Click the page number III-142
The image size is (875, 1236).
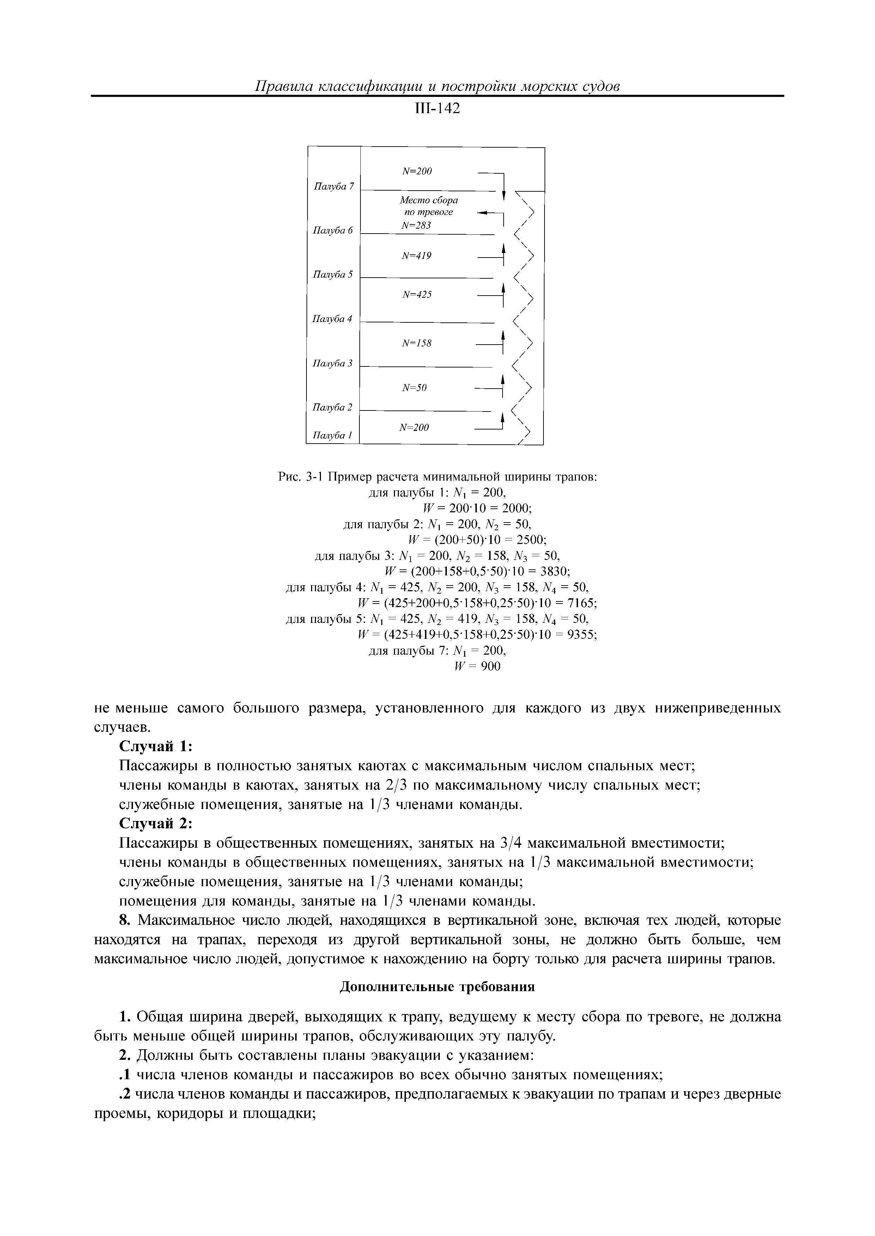[x=437, y=109]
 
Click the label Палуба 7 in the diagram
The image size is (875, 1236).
[x=334, y=186]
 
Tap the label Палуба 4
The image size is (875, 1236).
[x=333, y=319]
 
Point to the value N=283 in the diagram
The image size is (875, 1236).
[x=417, y=225]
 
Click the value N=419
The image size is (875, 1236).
[x=417, y=256]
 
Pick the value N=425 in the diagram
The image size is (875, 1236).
[x=417, y=295]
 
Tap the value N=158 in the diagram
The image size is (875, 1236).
[x=417, y=343]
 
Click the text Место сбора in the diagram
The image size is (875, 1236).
[x=429, y=200]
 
